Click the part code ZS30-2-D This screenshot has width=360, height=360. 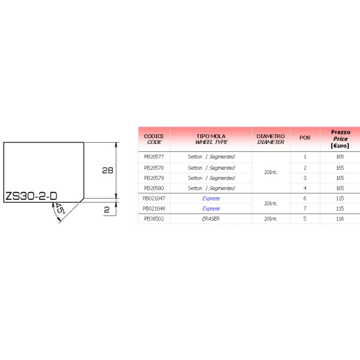point(31,196)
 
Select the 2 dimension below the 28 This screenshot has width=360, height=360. point(107,210)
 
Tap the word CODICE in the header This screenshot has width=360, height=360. point(154,136)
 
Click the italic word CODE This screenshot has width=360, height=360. point(154,143)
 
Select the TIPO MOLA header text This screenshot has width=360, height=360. point(211,136)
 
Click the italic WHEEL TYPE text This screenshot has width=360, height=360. point(211,143)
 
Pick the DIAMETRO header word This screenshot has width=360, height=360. point(271,136)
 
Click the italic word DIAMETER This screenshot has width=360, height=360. point(271,143)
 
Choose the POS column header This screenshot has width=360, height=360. point(305,138)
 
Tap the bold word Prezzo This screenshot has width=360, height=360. point(340,132)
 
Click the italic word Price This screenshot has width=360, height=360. point(340,139)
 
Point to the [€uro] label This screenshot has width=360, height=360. point(340,146)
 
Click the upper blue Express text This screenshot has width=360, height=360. point(211,199)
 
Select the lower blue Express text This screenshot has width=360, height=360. point(211,209)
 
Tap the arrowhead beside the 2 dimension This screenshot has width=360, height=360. point(116,206)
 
